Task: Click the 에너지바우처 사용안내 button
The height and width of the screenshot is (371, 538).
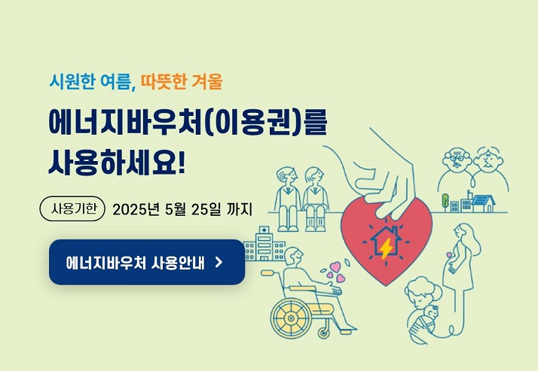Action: [147, 262]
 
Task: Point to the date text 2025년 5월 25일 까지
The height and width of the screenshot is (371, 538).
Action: [182, 208]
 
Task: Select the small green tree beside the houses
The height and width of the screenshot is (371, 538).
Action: [446, 202]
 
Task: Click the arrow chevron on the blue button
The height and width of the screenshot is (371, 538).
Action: [219, 262]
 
